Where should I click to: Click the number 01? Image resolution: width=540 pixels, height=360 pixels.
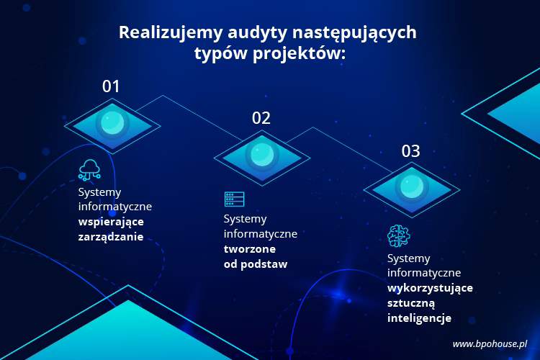(111, 86)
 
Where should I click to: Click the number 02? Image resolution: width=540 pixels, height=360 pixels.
(261, 118)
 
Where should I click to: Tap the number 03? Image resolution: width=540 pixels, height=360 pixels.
(411, 151)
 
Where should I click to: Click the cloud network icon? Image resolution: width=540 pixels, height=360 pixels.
(89, 170)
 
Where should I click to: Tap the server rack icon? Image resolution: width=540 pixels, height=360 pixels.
(235, 199)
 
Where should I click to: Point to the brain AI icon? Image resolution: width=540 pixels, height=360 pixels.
(398, 235)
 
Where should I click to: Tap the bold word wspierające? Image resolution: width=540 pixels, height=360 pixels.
(112, 222)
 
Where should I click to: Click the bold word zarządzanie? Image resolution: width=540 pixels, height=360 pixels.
(111, 236)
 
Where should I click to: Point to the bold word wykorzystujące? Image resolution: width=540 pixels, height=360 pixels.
(430, 288)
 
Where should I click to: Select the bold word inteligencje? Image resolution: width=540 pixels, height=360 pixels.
(420, 318)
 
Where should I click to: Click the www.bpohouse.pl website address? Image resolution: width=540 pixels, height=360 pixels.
(490, 344)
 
